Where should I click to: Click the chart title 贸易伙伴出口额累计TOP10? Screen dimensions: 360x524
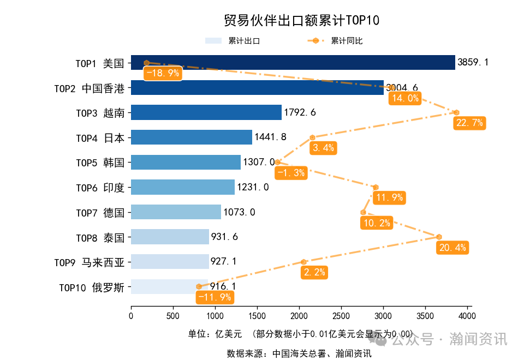point(301,20)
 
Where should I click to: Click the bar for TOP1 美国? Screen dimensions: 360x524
point(293,62)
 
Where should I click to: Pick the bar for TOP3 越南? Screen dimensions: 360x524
point(206,112)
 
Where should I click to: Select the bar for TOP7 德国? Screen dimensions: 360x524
point(176,212)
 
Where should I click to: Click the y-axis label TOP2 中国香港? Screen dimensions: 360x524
point(90,88)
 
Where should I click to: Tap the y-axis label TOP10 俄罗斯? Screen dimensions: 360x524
point(92,287)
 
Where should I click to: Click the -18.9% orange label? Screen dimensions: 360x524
point(162,73)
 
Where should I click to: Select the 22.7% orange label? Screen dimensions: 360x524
point(469,123)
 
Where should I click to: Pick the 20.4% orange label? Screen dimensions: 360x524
point(452,248)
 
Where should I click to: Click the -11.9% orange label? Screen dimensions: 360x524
point(215,297)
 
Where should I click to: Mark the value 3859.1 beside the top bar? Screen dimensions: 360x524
point(473,62)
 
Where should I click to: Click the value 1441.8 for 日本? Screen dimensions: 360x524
point(270,137)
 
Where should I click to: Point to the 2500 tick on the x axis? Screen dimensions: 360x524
point(341,316)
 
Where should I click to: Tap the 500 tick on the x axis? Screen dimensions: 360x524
point(173,316)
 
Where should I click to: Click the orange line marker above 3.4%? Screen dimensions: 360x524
point(312,137)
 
